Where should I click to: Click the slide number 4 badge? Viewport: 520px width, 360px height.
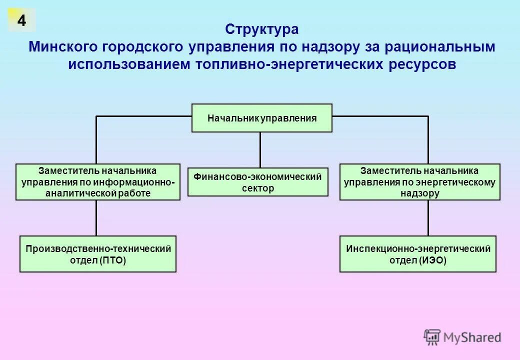(x=21, y=20)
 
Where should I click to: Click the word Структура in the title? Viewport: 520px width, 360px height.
(x=261, y=29)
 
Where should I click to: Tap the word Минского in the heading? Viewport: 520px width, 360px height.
(x=63, y=47)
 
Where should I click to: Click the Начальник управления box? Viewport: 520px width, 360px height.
(x=261, y=118)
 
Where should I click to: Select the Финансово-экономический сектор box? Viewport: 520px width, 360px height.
(x=258, y=182)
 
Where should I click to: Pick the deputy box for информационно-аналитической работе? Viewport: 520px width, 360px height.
(x=98, y=182)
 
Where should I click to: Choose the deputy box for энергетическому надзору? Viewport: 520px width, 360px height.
(x=419, y=182)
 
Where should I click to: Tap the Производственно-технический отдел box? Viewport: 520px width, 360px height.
(x=98, y=254)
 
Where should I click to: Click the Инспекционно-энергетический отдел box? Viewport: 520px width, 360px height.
(x=418, y=254)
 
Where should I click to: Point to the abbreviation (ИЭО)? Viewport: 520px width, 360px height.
(x=432, y=260)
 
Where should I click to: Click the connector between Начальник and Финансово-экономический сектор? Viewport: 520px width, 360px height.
(x=260, y=149)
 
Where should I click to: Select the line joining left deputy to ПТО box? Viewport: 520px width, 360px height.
(x=96, y=218)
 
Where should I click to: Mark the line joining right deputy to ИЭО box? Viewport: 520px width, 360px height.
(x=428, y=218)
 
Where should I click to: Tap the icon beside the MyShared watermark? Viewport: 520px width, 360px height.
(x=432, y=337)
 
